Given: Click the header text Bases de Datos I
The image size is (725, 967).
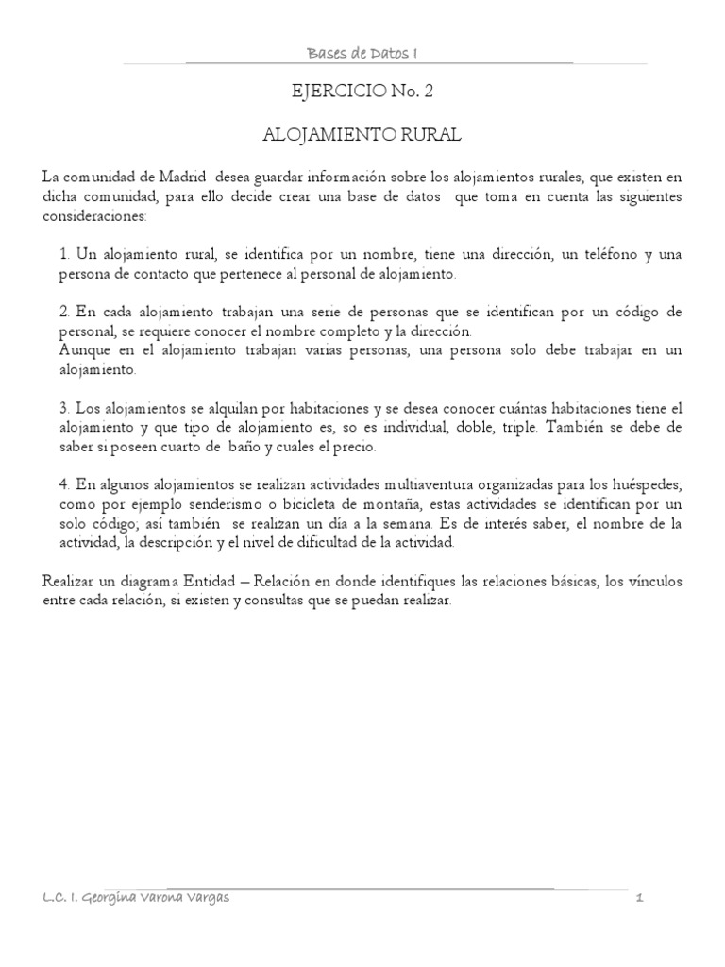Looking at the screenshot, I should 363,55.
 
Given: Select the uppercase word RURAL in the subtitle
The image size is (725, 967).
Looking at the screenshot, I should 433,136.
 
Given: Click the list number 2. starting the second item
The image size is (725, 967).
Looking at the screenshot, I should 64,312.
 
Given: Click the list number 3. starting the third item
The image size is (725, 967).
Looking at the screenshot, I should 64,408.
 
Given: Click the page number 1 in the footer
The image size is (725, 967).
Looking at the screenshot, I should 639,897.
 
